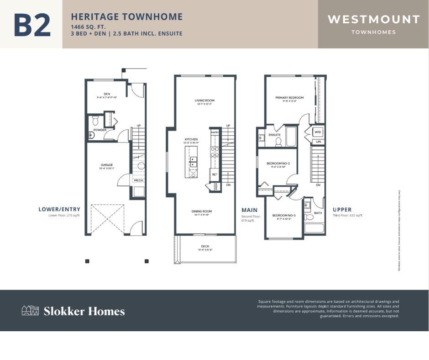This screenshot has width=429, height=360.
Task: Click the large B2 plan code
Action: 31,25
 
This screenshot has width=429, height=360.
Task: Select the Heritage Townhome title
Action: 126,17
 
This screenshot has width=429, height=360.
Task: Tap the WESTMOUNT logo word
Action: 373,19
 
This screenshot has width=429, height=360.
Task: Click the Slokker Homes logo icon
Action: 30,311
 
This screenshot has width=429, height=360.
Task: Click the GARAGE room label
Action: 107,165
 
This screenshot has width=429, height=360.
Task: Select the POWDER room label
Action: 100,130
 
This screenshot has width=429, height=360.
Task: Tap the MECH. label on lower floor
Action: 138,180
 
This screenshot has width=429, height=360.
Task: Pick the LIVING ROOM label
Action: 204,101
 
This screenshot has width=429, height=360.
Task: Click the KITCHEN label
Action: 191,139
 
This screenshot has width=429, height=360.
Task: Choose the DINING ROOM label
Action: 201,211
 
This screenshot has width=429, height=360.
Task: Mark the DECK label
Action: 205,246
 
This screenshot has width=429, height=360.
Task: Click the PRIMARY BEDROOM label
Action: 289,97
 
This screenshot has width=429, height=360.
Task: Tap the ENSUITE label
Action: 274,135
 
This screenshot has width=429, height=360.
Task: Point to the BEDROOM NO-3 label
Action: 284,215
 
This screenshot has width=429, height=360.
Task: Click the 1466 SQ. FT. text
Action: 88,26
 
